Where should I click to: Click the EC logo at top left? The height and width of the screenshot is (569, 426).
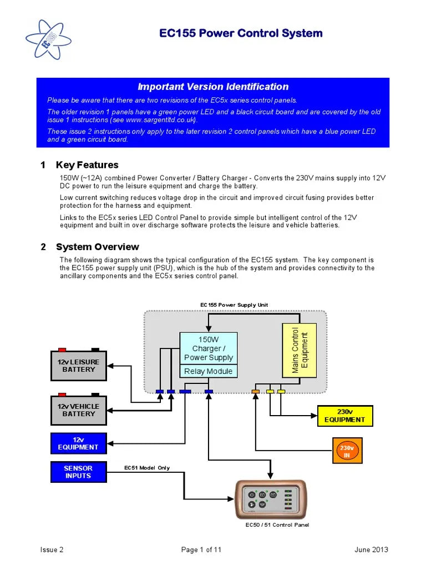click(49, 41)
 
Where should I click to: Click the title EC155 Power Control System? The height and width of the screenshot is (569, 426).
click(241, 33)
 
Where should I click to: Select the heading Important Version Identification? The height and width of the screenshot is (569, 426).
click(213, 87)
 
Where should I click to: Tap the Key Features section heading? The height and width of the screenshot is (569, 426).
click(87, 165)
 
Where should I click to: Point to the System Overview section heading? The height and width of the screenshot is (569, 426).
click(97, 247)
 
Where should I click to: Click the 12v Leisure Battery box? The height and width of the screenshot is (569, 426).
click(79, 366)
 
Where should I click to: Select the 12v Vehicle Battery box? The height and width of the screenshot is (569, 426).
click(79, 410)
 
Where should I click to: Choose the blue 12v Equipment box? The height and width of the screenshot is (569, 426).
click(78, 443)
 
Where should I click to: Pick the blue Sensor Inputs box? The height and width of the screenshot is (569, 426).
click(78, 472)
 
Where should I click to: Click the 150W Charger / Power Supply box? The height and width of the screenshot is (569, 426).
click(209, 348)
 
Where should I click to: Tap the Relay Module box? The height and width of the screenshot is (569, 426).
click(209, 371)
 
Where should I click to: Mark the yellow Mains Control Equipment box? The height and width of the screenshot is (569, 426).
click(300, 351)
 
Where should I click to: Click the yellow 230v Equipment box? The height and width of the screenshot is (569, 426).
click(345, 416)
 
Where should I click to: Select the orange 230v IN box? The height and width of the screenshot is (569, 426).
click(347, 451)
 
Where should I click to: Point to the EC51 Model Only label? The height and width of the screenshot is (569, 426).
click(147, 468)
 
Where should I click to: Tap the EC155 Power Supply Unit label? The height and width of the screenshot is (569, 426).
click(234, 305)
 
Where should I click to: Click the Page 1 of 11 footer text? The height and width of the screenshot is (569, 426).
click(201, 550)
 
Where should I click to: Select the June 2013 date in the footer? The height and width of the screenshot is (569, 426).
click(371, 550)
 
